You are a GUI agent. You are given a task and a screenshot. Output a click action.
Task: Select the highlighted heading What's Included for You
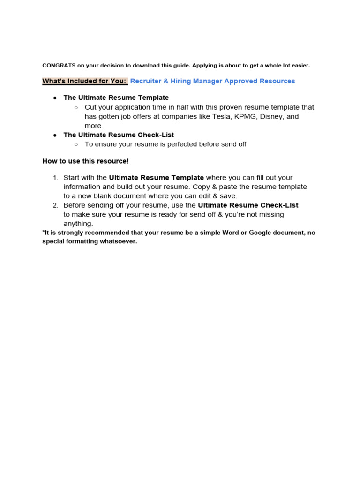pyautogui.click(x=84, y=81)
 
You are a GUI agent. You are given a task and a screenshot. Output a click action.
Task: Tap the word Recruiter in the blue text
pyautogui.click(x=145, y=81)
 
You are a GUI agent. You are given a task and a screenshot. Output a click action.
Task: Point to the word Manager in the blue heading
pyautogui.click(x=205, y=81)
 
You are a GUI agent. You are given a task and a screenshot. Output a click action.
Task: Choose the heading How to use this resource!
pyautogui.click(x=85, y=161)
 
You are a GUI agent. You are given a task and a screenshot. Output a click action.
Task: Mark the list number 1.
pyautogui.click(x=55, y=178)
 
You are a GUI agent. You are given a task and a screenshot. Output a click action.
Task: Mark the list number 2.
pyautogui.click(x=55, y=205)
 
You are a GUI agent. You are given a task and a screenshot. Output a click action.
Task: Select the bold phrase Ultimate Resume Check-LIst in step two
pyautogui.click(x=248, y=205)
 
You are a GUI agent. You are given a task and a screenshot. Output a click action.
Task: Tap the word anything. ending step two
pyautogui.click(x=78, y=224)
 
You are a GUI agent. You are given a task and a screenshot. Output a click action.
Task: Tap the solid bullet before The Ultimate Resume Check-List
pyautogui.click(x=55, y=135)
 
